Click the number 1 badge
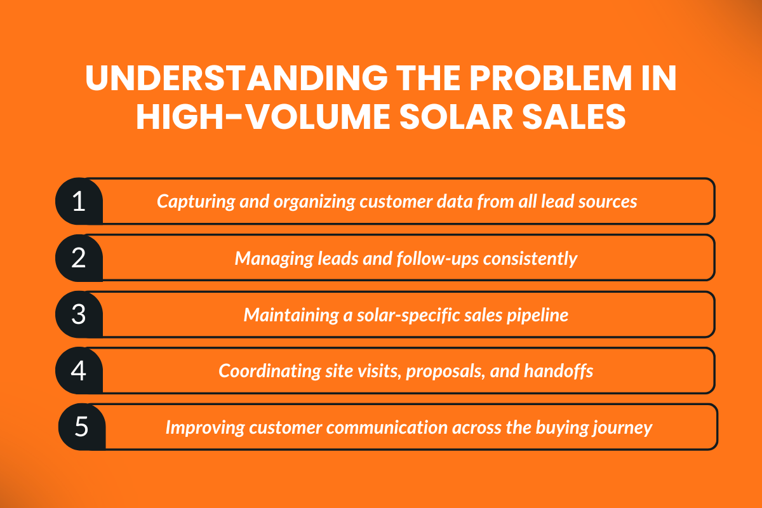(79, 201)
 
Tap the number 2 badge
(79, 258)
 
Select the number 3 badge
(79, 314)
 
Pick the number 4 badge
(79, 370)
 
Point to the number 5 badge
(81, 427)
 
